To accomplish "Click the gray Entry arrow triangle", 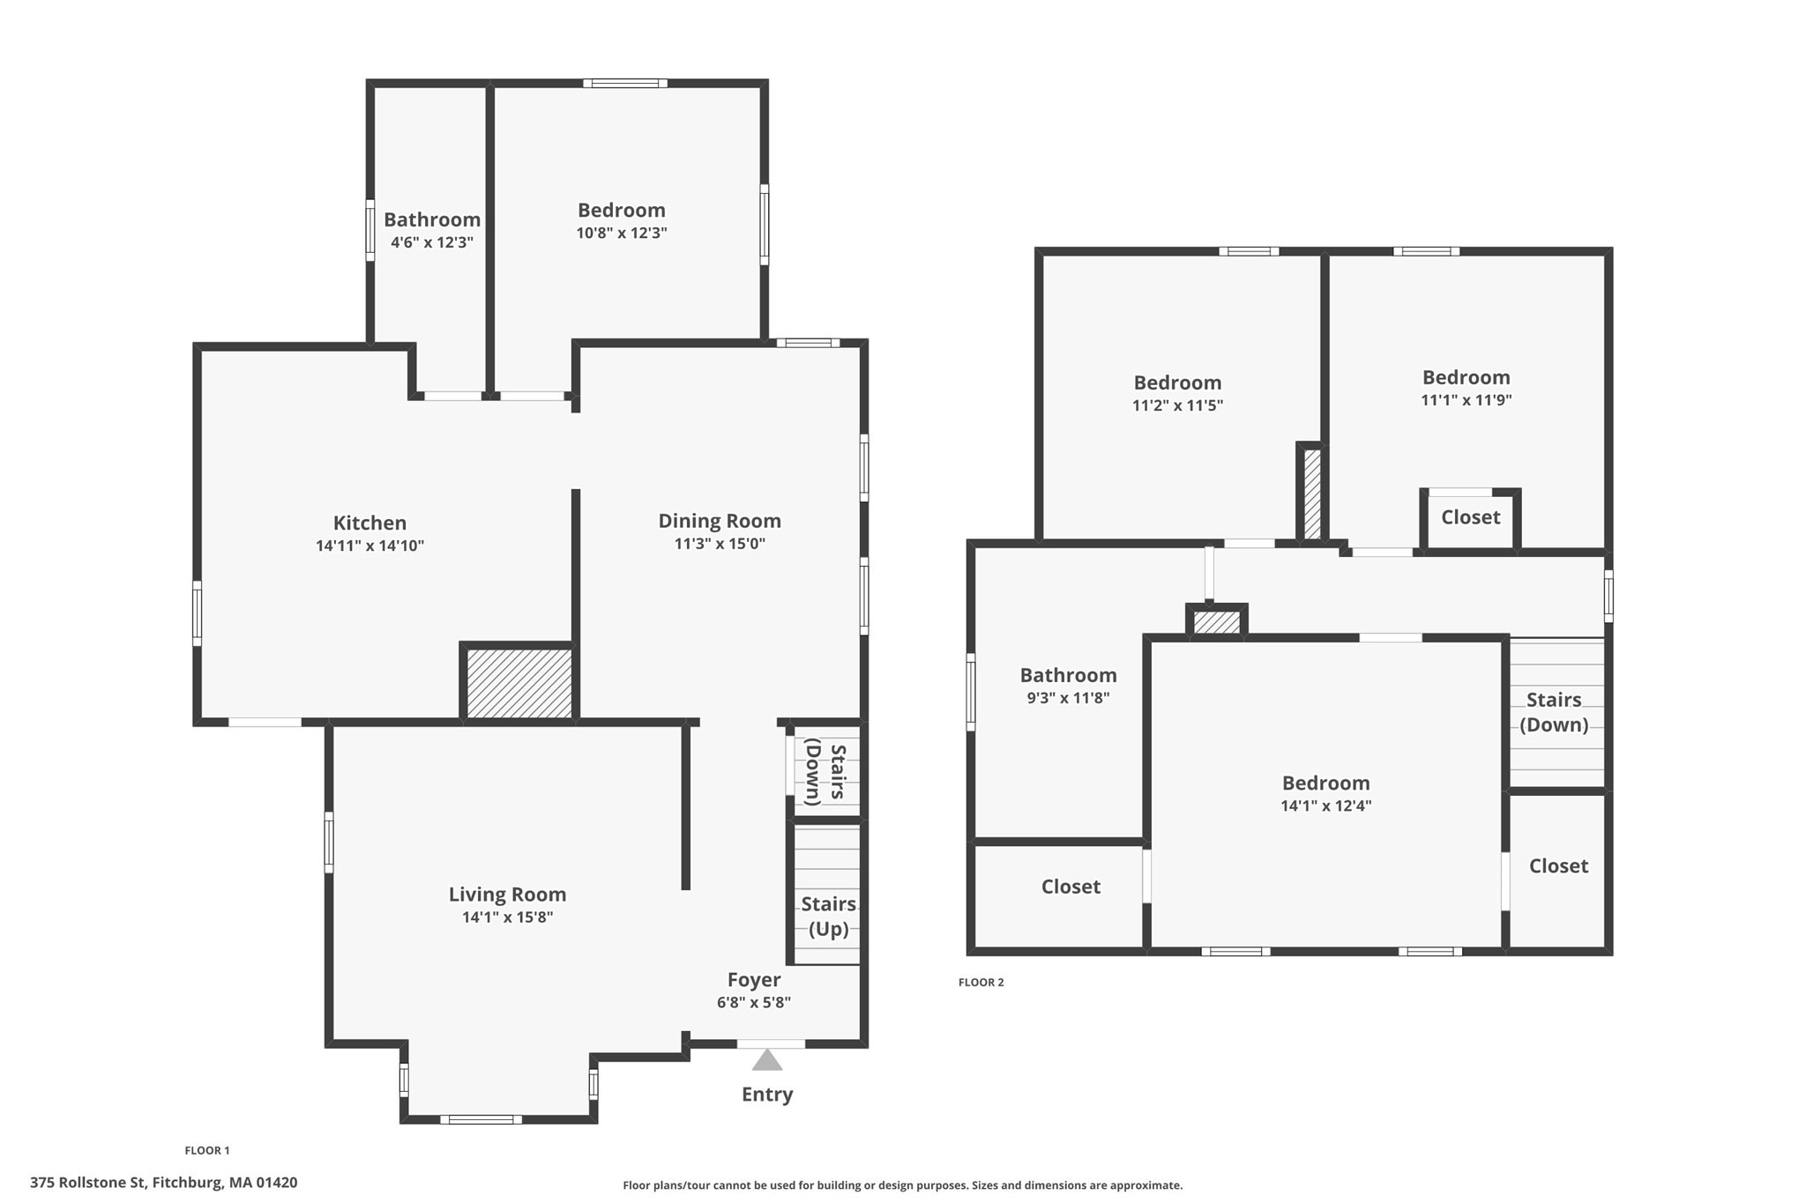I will coord(766,1060).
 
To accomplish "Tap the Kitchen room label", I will coord(369,523).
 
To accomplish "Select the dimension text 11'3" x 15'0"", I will coord(720,544).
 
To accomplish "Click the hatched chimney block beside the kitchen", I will coord(519,683).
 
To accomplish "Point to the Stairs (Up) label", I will coord(828,917).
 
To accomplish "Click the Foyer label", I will coord(753,980).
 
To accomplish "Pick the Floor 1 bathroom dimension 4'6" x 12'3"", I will coord(432,242).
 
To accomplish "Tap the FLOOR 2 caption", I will coord(981,983).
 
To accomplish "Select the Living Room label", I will coord(507,895).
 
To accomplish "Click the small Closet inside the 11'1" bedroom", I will coord(1470,517).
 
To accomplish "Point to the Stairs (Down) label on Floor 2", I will coord(1553,712).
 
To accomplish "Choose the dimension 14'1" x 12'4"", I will coord(1325,806).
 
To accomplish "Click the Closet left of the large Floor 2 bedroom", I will coord(1071,887).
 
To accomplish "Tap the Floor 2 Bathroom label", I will coord(1068,675).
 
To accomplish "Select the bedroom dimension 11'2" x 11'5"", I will coord(1177,405).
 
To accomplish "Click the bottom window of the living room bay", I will coord(481,1119).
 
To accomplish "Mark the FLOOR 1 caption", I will coord(207,1150).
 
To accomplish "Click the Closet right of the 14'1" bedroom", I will coord(1558,866).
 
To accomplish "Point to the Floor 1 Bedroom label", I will coord(621,210).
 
